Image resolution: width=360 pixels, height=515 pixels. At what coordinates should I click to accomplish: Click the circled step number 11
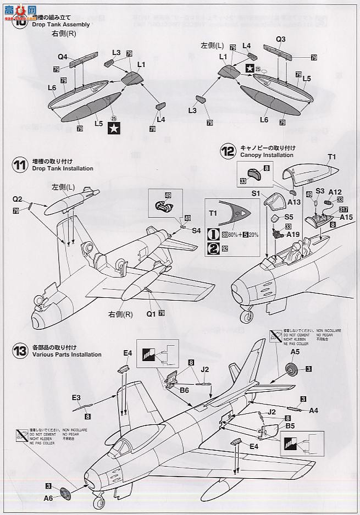[x=20, y=166]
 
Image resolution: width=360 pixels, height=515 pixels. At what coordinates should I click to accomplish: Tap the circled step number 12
[x=228, y=152]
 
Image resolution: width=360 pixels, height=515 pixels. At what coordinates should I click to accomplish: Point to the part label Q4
[x=62, y=57]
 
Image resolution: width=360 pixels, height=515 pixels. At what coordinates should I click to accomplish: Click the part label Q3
[x=280, y=39]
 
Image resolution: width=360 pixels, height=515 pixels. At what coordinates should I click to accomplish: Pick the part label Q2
[x=17, y=199]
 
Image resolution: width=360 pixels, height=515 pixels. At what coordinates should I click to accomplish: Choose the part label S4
[x=197, y=230]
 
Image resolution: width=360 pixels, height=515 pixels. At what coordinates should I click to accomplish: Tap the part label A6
[x=49, y=498]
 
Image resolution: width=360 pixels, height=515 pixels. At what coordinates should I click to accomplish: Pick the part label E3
[x=76, y=397]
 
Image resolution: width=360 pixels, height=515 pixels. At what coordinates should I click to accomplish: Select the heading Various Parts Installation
[x=67, y=355]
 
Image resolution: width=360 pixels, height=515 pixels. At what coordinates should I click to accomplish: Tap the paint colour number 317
[x=344, y=208]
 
